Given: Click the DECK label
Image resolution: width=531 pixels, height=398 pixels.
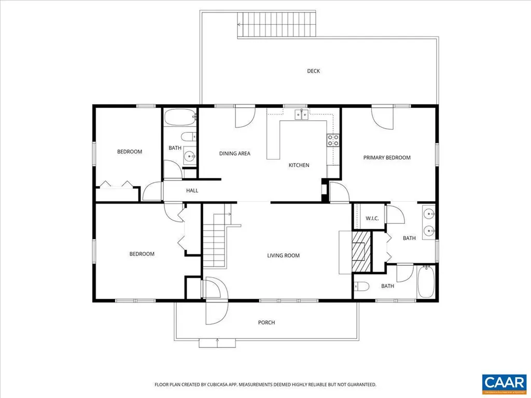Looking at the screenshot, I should click(x=313, y=71).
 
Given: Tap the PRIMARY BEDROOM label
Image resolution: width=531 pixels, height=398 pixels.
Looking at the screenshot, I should click(x=386, y=158).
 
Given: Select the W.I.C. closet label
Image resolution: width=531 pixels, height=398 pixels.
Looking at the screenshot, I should click(x=372, y=218).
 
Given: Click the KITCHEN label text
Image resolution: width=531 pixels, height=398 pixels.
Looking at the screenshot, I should click(x=299, y=165).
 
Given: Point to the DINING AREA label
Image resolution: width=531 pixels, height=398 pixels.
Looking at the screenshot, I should click(x=234, y=153).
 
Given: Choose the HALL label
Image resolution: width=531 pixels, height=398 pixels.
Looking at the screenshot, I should click(x=192, y=191).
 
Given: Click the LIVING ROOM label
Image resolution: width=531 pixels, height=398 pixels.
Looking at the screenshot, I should click(x=283, y=255).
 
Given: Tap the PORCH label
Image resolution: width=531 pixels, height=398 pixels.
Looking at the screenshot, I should click(x=266, y=322).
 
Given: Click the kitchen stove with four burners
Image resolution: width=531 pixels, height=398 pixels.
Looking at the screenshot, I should click(x=332, y=139).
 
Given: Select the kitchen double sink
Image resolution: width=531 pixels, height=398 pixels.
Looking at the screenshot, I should click(x=302, y=114).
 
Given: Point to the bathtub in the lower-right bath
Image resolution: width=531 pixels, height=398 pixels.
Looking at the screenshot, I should click(x=427, y=282).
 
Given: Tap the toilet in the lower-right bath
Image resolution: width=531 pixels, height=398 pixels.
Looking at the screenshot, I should click(x=361, y=286).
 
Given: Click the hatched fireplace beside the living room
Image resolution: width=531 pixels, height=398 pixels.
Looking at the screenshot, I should click(x=361, y=252).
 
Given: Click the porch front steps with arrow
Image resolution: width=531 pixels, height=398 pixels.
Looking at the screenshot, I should click(x=217, y=342).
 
